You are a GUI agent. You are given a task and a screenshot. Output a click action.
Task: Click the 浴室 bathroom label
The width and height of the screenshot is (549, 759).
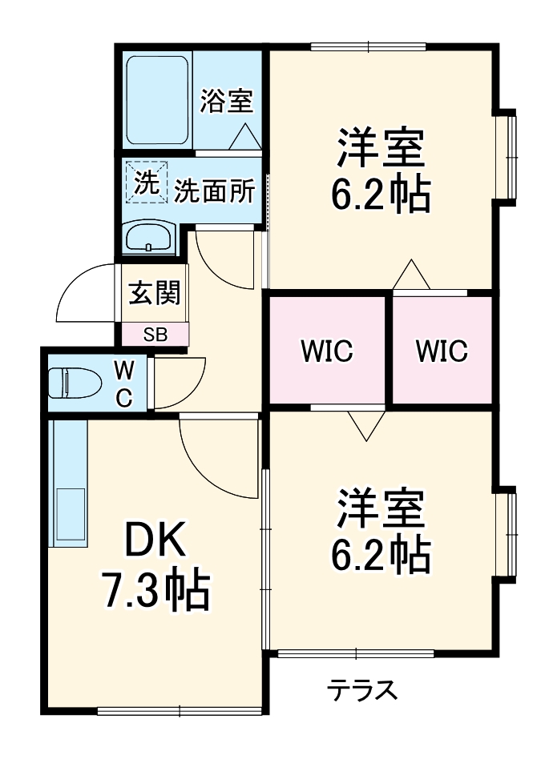click(226, 101)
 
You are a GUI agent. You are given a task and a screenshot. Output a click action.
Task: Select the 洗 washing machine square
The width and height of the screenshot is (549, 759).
click(146, 183)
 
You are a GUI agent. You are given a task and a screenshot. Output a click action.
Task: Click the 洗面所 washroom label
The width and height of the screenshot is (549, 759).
click(214, 191)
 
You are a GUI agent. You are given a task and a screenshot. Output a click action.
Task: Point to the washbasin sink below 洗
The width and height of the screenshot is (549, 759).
click(150, 238)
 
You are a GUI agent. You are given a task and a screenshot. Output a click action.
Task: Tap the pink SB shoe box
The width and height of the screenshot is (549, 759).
click(155, 335)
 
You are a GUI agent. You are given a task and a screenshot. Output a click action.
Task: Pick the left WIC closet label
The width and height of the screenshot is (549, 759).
click(327, 351)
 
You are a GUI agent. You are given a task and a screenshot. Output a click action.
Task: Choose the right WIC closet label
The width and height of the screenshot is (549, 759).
click(442, 351)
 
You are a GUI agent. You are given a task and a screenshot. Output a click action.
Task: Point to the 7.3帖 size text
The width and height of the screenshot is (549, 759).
click(154, 590)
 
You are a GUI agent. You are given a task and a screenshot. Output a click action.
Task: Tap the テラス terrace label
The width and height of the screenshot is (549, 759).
click(361, 689)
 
